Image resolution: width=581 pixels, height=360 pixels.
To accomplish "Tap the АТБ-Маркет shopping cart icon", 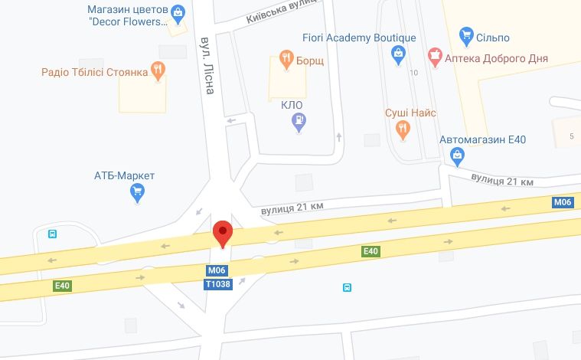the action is (x=138, y=192).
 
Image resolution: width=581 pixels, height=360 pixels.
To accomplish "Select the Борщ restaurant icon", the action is (x=286, y=58).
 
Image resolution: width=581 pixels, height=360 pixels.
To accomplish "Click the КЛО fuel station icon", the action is (x=300, y=121).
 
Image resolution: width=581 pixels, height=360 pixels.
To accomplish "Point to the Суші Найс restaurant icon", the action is (x=403, y=129).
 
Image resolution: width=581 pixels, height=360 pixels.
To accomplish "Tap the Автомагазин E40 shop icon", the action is (x=458, y=156).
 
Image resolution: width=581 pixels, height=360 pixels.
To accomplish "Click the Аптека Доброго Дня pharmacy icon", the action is (x=435, y=56).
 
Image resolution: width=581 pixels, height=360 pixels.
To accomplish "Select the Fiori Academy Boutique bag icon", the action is (x=398, y=54).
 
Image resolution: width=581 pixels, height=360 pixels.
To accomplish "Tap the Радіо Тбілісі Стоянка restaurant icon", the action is (x=157, y=73).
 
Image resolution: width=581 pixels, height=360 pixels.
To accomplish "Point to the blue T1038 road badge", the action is (x=217, y=283).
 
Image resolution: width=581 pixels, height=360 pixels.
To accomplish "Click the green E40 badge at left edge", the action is (x=62, y=286).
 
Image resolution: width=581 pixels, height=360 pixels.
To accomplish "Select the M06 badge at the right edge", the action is (x=563, y=202).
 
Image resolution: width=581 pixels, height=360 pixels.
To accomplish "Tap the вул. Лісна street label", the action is (x=207, y=64).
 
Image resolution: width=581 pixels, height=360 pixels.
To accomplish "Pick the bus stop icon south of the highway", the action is (x=347, y=287).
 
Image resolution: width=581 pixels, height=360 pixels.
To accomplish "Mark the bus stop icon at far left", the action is (x=52, y=234).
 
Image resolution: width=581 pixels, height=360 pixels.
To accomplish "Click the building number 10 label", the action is (x=414, y=73).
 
